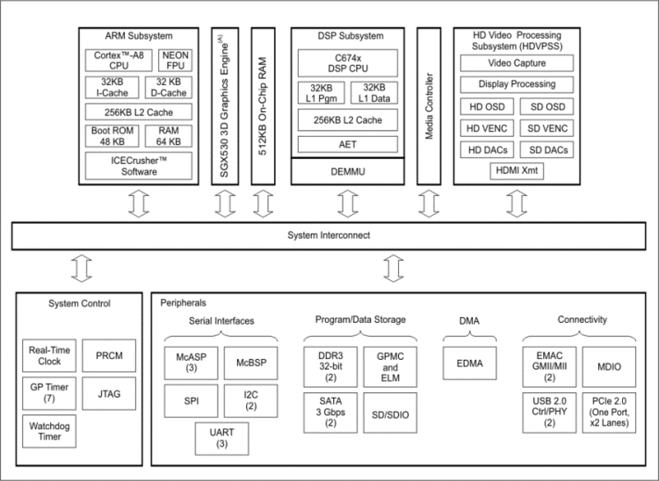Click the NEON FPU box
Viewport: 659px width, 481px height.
coord(175,61)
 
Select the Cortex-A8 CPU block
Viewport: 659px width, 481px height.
coord(119,61)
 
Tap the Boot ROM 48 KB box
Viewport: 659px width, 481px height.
coord(112,136)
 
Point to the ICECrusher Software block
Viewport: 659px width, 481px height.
coord(139,166)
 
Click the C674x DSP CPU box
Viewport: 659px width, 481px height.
coord(348,63)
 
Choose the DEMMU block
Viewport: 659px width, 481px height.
coord(348,171)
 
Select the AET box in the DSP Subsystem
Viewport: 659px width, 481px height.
coord(348,144)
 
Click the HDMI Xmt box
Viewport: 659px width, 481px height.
coord(517,170)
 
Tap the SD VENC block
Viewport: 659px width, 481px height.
coord(547,128)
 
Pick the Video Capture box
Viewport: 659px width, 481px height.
coord(517,63)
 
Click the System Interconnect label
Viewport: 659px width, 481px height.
coord(329,235)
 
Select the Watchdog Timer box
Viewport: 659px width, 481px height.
coord(49,431)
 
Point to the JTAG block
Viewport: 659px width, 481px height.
coord(109,394)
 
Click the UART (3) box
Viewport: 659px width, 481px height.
coord(222,439)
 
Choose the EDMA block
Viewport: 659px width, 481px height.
coord(469,363)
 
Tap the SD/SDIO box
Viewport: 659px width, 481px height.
coord(390,413)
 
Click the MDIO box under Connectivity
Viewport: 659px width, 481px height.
coord(609,367)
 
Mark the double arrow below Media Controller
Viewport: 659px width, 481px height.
coord(429,204)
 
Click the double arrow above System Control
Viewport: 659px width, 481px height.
coord(82,269)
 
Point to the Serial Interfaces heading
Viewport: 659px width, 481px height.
coord(221,321)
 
